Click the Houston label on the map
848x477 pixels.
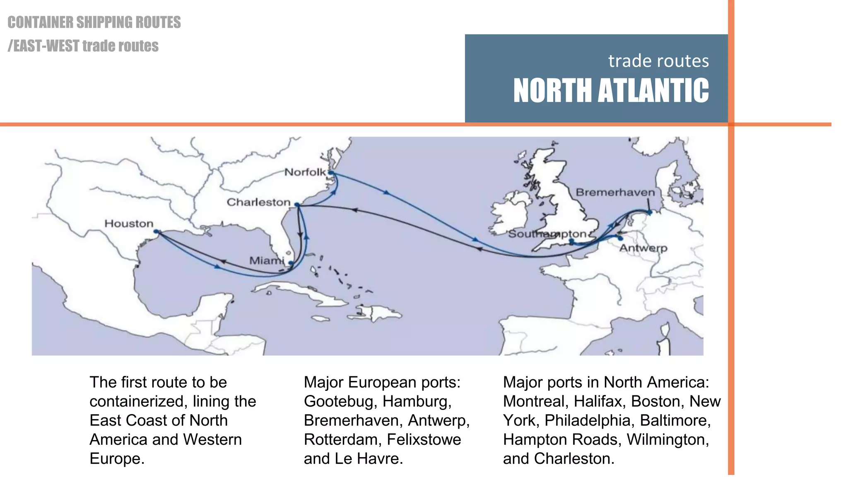pyautogui.click(x=129, y=224)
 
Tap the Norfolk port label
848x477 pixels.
pyautogui.click(x=305, y=172)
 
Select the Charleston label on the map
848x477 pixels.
pyautogui.click(x=258, y=202)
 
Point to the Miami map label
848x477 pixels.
pyautogui.click(x=266, y=260)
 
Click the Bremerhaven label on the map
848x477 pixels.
pyautogui.click(x=615, y=192)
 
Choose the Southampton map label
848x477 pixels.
pyautogui.click(x=547, y=234)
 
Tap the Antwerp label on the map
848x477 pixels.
pyautogui.click(x=643, y=248)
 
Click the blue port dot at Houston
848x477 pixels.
pyautogui.click(x=156, y=232)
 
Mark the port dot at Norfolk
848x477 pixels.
pyautogui.click(x=331, y=173)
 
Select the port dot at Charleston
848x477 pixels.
pyautogui.click(x=297, y=205)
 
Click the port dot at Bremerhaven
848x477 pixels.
pyautogui.click(x=650, y=212)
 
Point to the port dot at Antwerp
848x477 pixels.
pyautogui.click(x=620, y=238)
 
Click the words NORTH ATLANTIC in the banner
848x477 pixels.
pyautogui.click(x=611, y=90)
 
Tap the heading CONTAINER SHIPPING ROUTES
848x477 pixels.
pyautogui.click(x=94, y=22)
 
